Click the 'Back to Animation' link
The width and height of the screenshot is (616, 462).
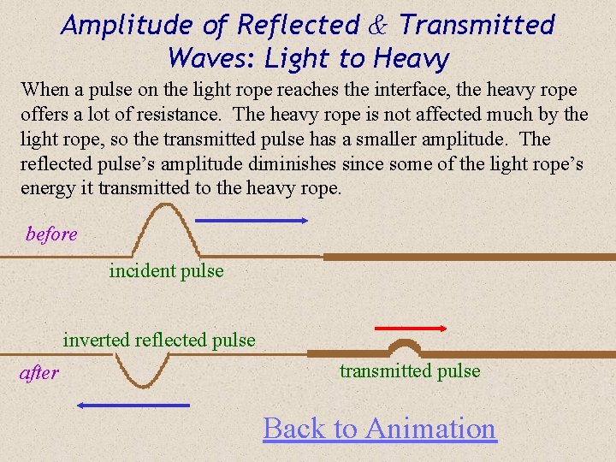[379, 428]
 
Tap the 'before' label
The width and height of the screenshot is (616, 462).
[51, 234]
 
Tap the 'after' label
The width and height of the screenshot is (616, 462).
[39, 373]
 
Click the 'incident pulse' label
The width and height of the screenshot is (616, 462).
[166, 271]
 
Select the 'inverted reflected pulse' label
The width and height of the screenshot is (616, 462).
[159, 341]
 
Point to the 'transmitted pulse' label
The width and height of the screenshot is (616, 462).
[410, 371]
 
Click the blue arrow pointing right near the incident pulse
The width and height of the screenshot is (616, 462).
[252, 221]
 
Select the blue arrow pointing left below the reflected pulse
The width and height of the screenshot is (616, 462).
[133, 405]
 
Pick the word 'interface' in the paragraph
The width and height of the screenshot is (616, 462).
[415, 90]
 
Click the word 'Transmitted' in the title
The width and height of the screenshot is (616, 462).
[477, 26]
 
